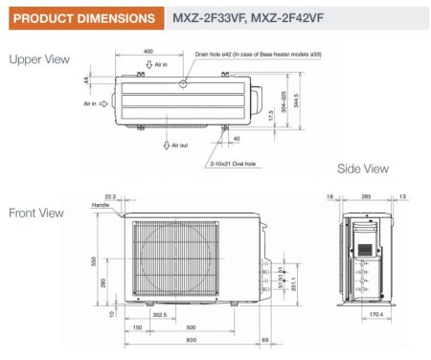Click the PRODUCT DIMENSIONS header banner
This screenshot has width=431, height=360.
click(x=78, y=18)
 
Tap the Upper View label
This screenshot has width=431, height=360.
click(x=38, y=59)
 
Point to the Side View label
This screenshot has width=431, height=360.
click(x=362, y=169)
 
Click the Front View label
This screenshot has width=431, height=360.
click(x=36, y=213)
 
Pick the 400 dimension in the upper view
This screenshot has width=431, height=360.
click(x=147, y=52)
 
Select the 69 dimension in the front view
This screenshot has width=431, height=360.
click(x=265, y=340)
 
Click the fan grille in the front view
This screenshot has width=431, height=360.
click(x=165, y=257)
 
